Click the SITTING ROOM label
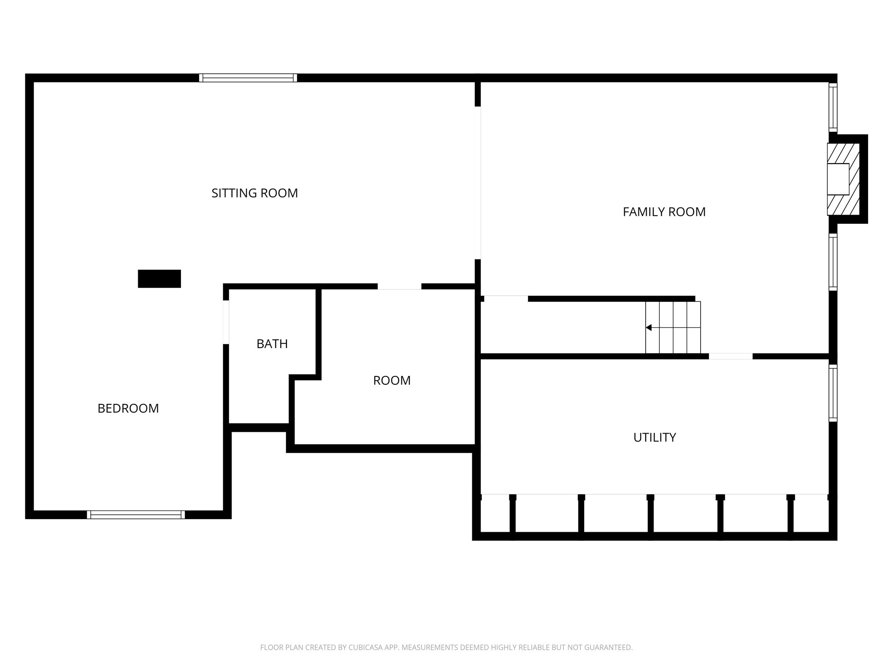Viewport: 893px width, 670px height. (255, 193)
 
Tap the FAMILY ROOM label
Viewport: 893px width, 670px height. (664, 212)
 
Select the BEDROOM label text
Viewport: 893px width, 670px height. (128, 408)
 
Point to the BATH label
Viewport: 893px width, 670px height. (272, 344)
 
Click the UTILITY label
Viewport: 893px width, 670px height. (654, 438)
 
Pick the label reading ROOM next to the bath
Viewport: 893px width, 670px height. (392, 381)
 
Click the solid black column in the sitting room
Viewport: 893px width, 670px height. (159, 279)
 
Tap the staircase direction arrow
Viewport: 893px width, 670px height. (649, 328)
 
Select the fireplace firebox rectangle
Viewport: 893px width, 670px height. (838, 179)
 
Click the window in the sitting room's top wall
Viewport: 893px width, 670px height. (248, 78)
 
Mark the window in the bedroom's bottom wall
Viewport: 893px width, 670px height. (136, 515)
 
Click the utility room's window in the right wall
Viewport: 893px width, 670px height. (833, 393)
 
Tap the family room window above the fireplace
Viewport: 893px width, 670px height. (833, 107)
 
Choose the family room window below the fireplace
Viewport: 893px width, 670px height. (833, 262)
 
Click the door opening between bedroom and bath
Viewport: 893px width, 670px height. (226, 322)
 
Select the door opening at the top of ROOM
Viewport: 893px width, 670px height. (399, 287)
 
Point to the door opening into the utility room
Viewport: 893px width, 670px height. (730, 356)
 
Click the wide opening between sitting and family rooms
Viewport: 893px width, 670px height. (478, 183)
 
